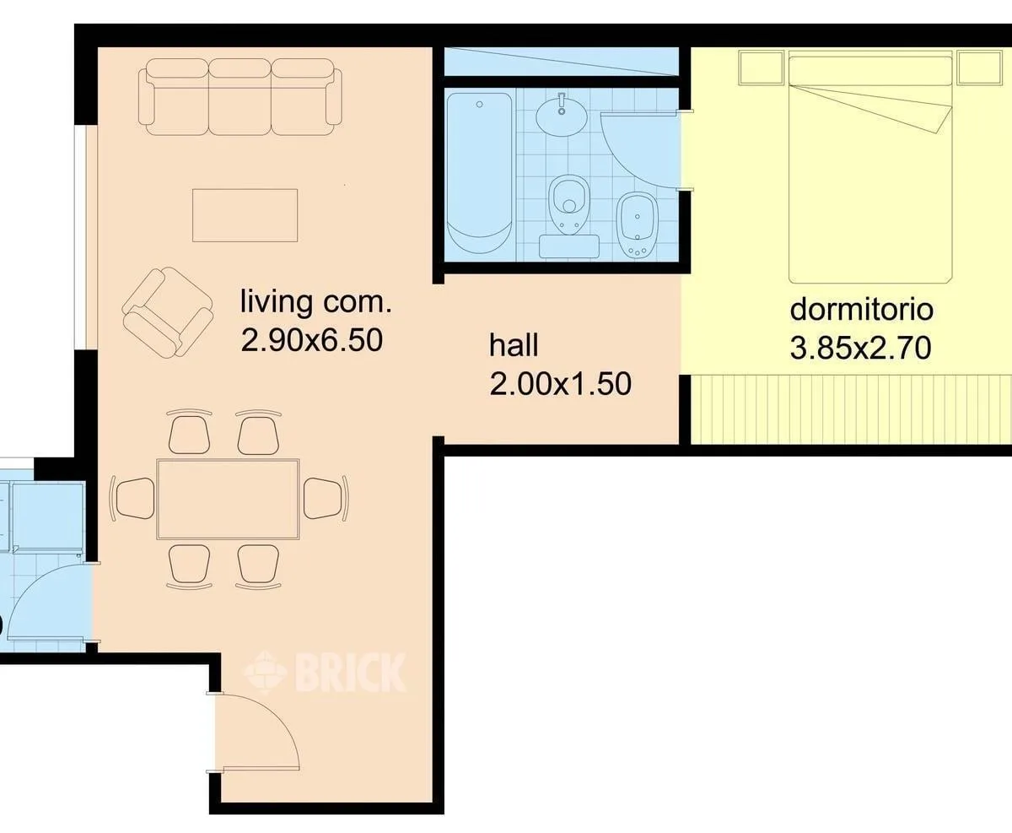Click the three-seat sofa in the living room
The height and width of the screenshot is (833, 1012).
tap(240, 97)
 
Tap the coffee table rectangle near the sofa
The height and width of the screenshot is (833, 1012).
tap(245, 215)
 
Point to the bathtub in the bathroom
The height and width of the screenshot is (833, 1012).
tap(479, 173)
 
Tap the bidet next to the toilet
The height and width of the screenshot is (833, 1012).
tap(638, 225)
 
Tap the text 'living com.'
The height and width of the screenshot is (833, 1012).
tap(315, 302)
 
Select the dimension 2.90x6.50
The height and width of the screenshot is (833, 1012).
tap(312, 340)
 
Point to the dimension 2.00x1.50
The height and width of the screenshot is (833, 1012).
tap(561, 384)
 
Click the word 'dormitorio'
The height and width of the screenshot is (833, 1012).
tap(861, 310)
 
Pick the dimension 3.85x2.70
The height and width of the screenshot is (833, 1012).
tap(861, 348)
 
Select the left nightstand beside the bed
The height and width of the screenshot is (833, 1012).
tap(762, 68)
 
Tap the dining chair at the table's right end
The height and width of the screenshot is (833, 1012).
tap(326, 498)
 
